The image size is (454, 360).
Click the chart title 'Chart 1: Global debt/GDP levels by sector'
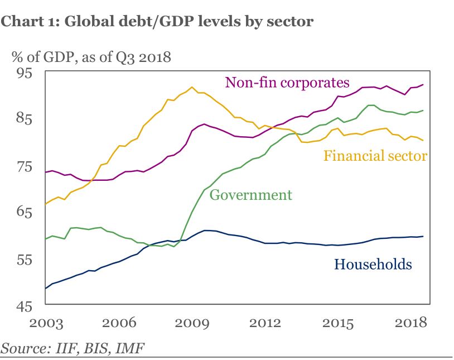(158, 21)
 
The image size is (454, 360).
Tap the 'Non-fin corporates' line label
(287, 83)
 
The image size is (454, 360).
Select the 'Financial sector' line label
(375, 155)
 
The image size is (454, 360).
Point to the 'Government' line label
(250, 195)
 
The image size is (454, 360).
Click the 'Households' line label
(373, 264)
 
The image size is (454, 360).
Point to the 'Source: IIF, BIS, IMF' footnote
(73, 349)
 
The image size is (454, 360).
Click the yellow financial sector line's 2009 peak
(192, 87)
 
